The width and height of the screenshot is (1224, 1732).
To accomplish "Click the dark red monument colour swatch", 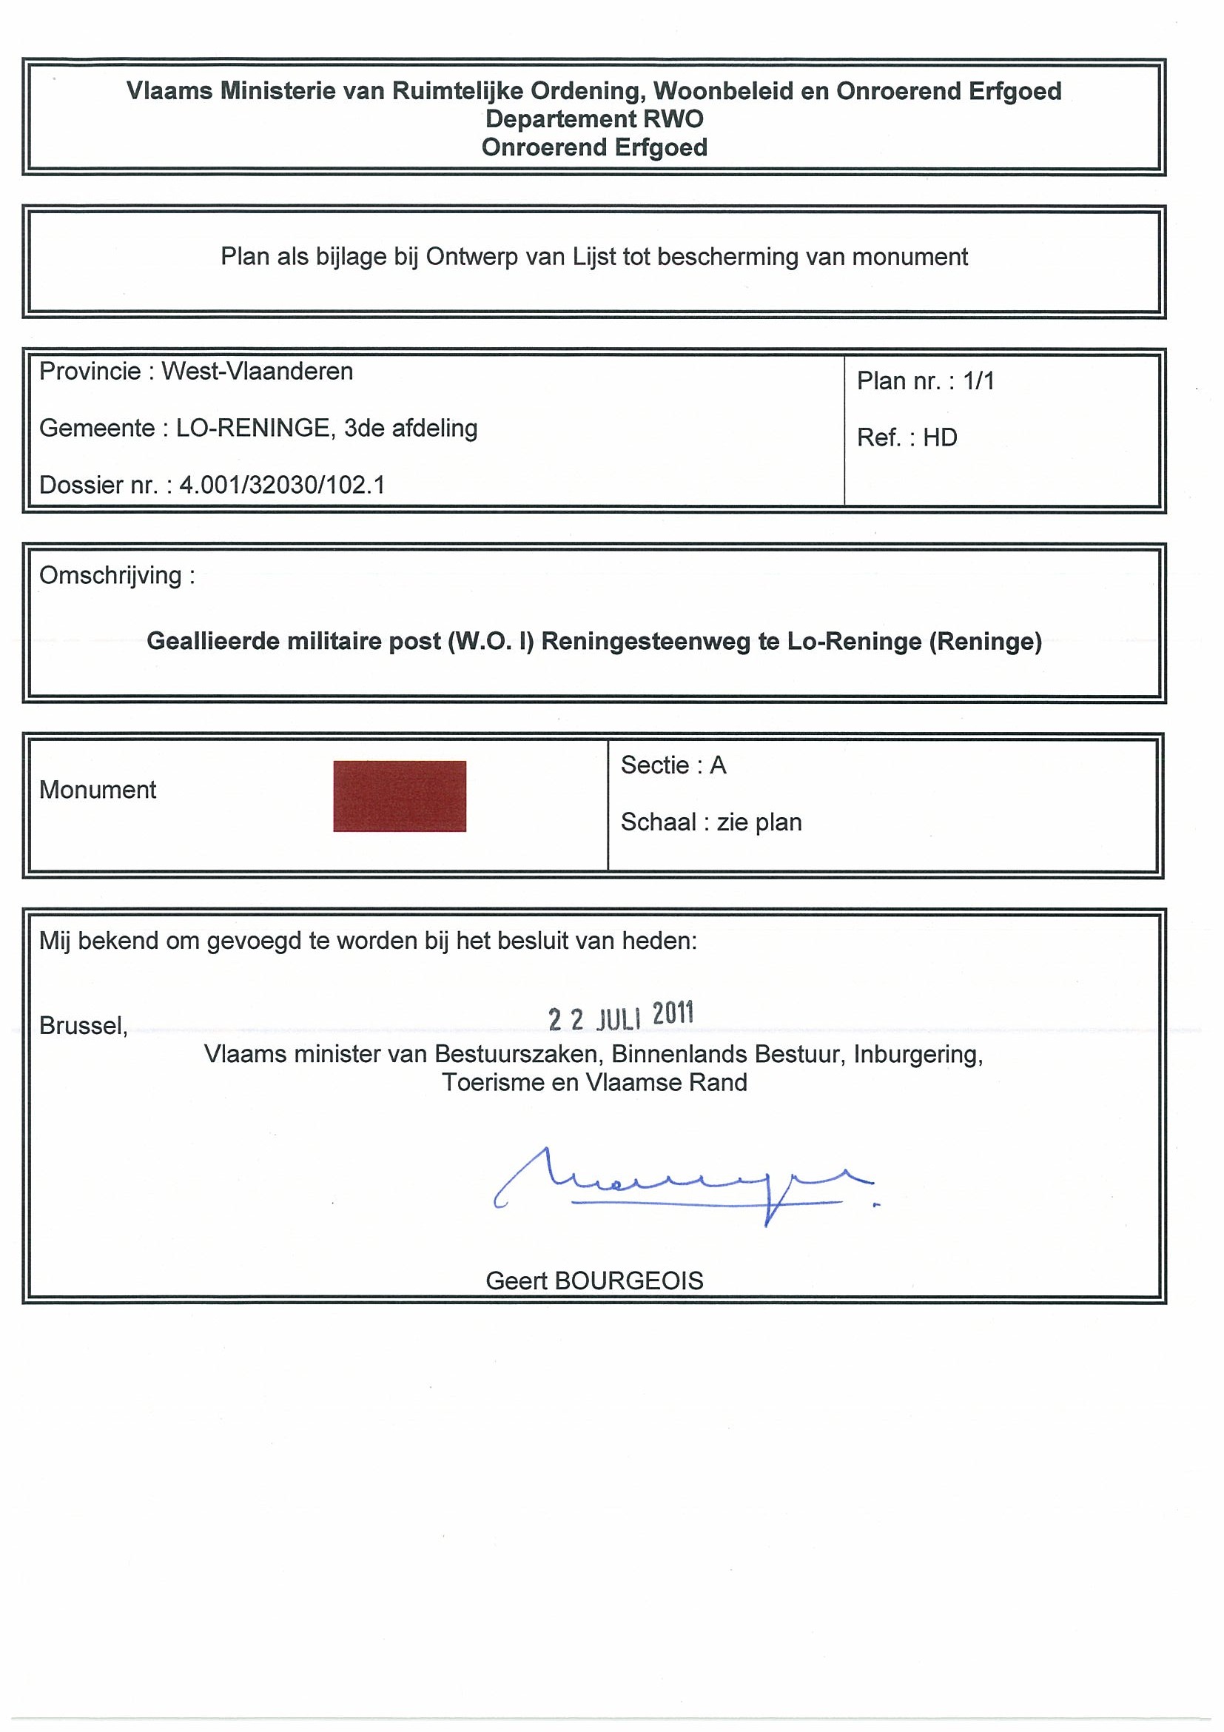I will pyautogui.click(x=399, y=796).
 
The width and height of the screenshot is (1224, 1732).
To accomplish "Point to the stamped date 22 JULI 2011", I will pyautogui.click(x=620, y=1016).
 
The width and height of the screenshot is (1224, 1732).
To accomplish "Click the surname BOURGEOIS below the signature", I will pyautogui.click(x=628, y=1280).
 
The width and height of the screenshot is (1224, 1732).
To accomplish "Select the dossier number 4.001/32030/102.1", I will pyautogui.click(x=282, y=485).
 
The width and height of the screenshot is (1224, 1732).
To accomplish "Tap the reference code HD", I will pyautogui.click(x=940, y=437).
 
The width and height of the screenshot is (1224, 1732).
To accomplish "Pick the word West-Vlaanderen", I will pyautogui.click(x=258, y=371).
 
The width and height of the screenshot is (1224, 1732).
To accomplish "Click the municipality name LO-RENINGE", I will pyautogui.click(x=252, y=429).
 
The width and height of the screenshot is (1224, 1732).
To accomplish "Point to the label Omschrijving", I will pyautogui.click(x=111, y=576).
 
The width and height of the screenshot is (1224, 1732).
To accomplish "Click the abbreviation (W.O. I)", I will pyautogui.click(x=490, y=641).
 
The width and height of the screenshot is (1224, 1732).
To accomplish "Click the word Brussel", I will pyautogui.click(x=83, y=1025).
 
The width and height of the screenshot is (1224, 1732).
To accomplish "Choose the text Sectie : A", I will pyautogui.click(x=673, y=765).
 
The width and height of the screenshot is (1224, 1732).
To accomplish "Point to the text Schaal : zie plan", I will pyautogui.click(x=710, y=822).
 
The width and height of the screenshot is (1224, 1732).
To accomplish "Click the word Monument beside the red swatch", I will pyautogui.click(x=97, y=790).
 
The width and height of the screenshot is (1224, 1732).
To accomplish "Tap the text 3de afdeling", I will pyautogui.click(x=410, y=429).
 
